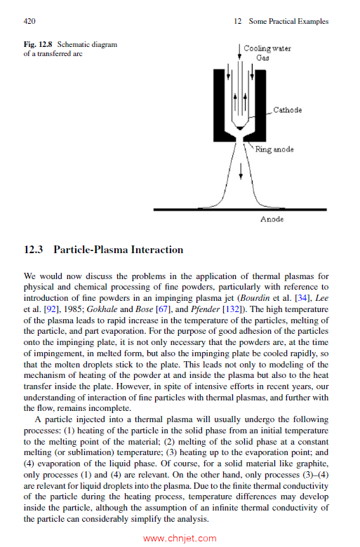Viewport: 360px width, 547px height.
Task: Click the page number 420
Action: tap(30, 22)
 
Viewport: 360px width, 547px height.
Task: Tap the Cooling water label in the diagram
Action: tap(267, 48)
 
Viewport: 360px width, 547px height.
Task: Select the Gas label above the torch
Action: tap(262, 58)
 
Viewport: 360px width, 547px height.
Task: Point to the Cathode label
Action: tap(287, 111)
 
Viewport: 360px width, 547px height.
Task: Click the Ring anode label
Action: tap(274, 149)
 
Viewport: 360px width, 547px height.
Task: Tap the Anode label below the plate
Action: tap(272, 220)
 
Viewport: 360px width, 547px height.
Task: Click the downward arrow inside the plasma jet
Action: tap(241, 170)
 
